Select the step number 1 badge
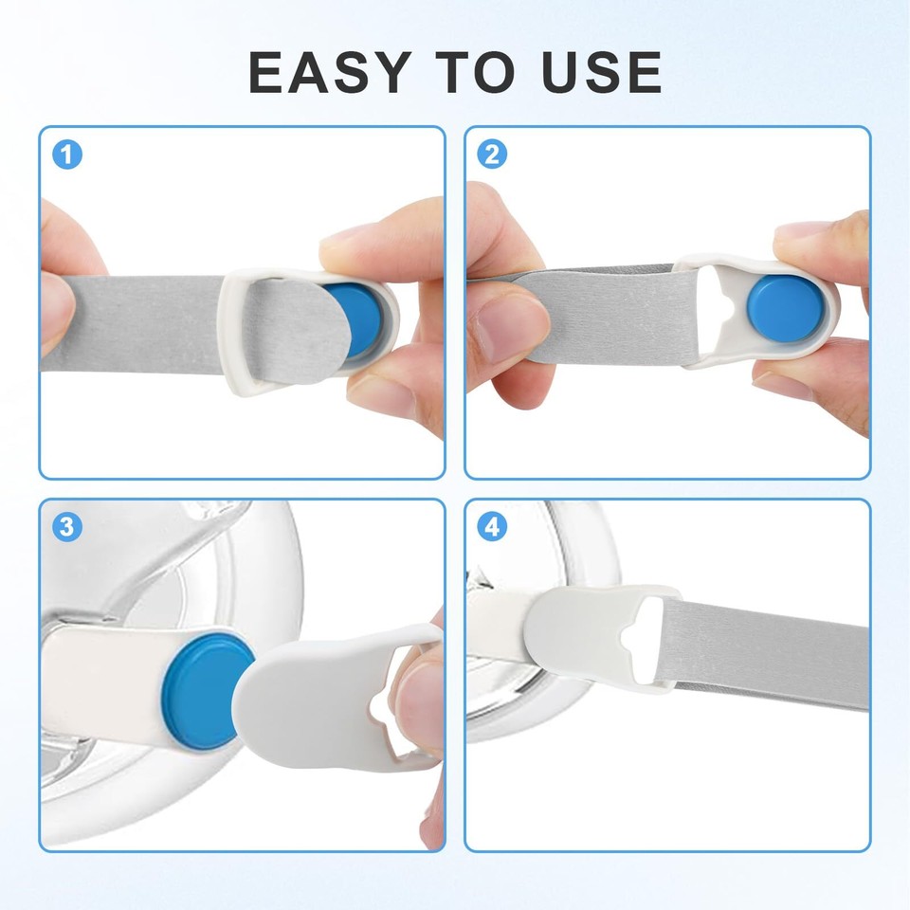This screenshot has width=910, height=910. [66, 155]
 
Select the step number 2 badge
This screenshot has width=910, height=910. [491, 155]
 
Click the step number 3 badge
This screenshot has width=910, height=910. [66, 527]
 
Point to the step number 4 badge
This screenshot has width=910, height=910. [491, 527]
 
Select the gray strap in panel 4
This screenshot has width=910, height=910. [768, 654]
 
